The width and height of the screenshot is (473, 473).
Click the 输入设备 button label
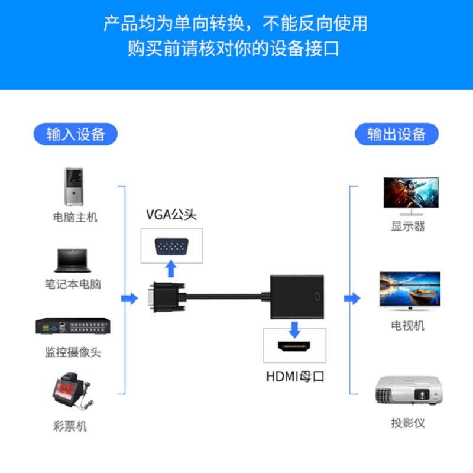click(x=75, y=134)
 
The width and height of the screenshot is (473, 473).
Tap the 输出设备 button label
click(x=396, y=134)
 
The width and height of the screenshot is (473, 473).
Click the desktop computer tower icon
click(x=74, y=186)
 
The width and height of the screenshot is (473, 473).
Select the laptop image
click(x=74, y=260)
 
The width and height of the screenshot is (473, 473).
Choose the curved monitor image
click(x=411, y=195)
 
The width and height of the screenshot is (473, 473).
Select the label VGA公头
click(x=171, y=215)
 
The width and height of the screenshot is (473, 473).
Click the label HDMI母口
click(x=295, y=377)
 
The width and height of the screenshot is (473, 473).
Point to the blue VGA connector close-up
click(x=171, y=246)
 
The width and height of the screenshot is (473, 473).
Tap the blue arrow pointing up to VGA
click(x=171, y=269)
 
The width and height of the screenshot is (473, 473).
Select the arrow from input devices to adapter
click(x=129, y=298)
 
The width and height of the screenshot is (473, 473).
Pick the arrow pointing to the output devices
click(x=352, y=298)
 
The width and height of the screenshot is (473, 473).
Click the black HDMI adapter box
click(x=297, y=296)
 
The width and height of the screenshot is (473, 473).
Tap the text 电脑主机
click(x=75, y=218)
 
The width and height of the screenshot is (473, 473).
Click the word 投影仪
click(x=408, y=423)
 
